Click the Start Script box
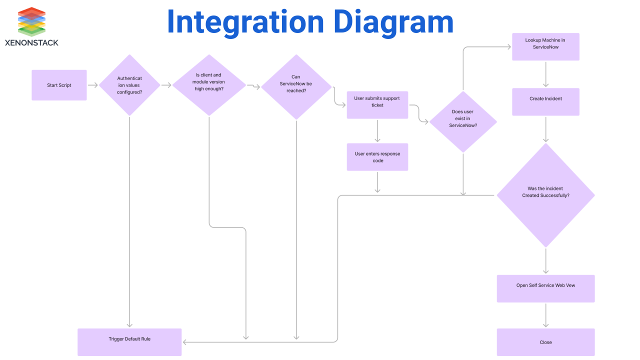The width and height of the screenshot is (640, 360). coord(59,85)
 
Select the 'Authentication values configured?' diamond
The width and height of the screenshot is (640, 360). coord(129,85)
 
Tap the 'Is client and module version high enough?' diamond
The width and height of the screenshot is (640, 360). coord(209,85)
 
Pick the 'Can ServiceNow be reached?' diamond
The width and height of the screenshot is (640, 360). coord(296,85)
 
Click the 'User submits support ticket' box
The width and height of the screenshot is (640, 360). coord(377,104)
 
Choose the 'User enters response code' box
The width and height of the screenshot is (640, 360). coord(377,157)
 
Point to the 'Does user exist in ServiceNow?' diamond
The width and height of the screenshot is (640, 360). coord(463,121)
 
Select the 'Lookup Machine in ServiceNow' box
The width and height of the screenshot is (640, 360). coord(545,46)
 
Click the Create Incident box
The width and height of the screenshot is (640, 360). coord(545,101)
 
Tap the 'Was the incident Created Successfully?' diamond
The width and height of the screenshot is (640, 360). coord(545,195)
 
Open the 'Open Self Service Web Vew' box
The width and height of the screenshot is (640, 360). coord(545,288)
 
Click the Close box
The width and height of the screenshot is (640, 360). coord(545,342)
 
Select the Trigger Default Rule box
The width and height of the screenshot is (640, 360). coord(129,342)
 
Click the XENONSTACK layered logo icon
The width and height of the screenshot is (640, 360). coord(31,21)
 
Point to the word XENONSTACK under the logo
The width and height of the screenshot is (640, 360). coord(31,43)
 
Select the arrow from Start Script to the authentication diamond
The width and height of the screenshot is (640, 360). coord(93,85)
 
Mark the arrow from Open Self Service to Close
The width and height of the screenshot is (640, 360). coord(545,315)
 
